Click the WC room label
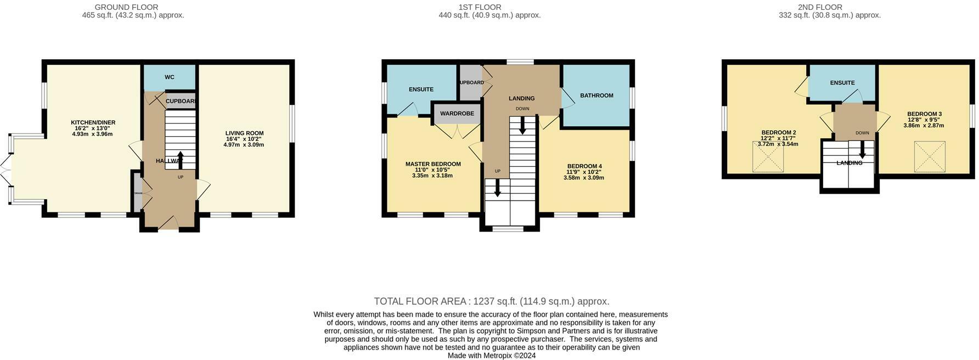[x=170, y=77]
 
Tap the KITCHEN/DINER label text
[x=93, y=122]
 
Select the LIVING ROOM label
[x=244, y=133]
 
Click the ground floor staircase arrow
[x=180, y=160]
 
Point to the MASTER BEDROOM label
[x=433, y=164]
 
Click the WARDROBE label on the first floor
[x=457, y=114]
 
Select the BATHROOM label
[x=597, y=95]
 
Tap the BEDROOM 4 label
[x=584, y=166]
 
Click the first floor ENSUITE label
[x=421, y=89]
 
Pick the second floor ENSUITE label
[x=842, y=83]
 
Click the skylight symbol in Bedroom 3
[x=930, y=156]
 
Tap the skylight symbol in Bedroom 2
[x=768, y=157]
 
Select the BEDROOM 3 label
[x=924, y=114]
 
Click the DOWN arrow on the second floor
[x=862, y=149]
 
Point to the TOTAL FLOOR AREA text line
[x=491, y=301]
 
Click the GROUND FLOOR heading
[x=126, y=7]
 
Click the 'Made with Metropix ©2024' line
[x=491, y=356]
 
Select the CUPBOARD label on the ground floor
[x=181, y=102]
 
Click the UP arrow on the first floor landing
[x=497, y=188]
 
